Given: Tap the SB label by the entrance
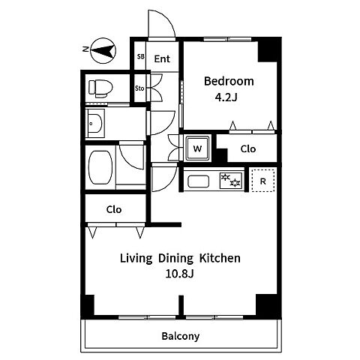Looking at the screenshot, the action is tap(141, 56).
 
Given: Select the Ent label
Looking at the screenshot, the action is tap(162, 59).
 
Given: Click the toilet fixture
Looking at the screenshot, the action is tap(100, 88).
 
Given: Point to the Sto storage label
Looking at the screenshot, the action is tap(139, 88).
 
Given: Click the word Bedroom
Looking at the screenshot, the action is tap(229, 81).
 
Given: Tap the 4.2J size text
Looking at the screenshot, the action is tap(226, 97).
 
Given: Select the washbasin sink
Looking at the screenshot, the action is tap(95, 124).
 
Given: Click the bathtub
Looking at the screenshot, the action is tap(100, 167).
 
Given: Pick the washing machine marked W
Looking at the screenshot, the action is tap(197, 148).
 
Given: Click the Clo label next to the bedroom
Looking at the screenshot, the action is tap(248, 148).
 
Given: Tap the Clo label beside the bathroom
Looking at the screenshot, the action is tap(114, 209).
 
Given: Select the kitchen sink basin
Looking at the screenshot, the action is tap(198, 181).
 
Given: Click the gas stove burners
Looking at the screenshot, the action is tap(231, 181).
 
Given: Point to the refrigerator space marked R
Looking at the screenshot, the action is tap(262, 181).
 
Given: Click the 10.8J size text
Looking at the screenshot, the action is tap(179, 274).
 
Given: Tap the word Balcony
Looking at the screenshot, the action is tap(181, 336).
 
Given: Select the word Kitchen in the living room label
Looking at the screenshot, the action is tap(220, 258).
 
